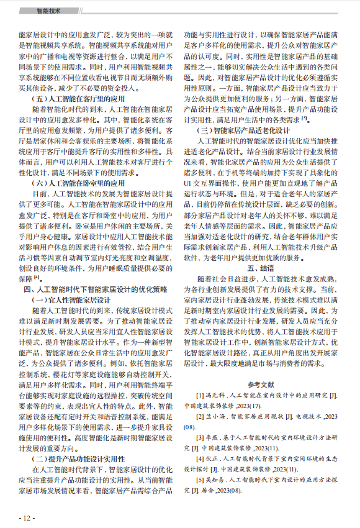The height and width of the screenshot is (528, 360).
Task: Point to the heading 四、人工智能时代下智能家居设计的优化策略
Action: (x=95, y=289)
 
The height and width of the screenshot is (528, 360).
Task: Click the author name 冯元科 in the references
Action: (x=217, y=396)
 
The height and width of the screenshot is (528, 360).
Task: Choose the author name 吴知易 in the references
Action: (x=217, y=480)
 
